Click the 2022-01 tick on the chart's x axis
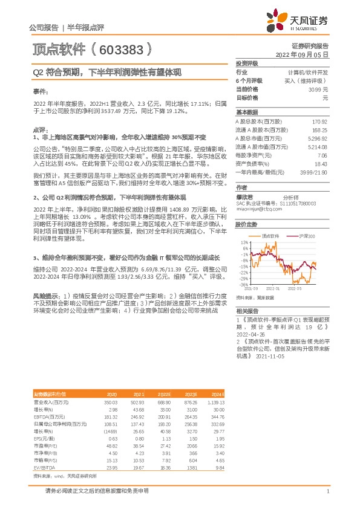pyautogui.click(x=273, y=289)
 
